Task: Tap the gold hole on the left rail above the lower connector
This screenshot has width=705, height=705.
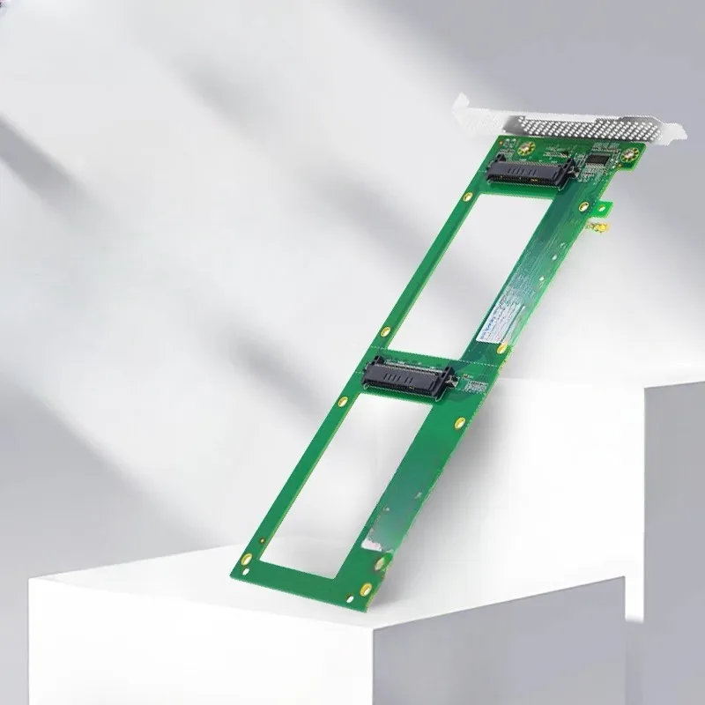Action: [384, 332]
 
